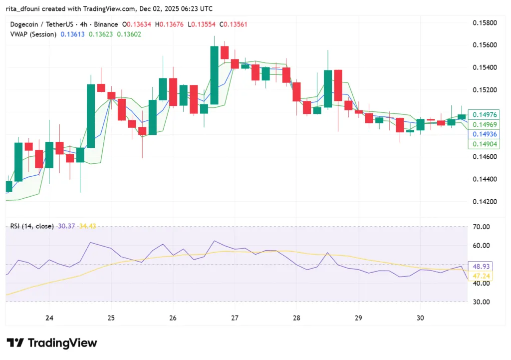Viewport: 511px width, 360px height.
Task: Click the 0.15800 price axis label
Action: tap(485, 23)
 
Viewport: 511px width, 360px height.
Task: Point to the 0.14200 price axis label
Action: tap(485, 202)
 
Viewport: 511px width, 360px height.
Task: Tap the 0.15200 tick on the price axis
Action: tap(485, 90)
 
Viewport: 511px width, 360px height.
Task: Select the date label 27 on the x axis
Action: tap(235, 318)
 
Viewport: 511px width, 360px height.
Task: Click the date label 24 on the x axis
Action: tap(49, 318)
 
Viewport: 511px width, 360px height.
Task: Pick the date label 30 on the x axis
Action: tap(420, 318)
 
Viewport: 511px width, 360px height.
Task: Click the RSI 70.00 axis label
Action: tap(482, 227)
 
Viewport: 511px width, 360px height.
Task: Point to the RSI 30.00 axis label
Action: tap(482, 302)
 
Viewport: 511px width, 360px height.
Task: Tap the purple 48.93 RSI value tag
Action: tap(479, 266)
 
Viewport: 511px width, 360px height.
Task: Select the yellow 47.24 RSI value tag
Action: tap(479, 276)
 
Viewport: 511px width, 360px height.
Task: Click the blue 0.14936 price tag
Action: tap(479, 134)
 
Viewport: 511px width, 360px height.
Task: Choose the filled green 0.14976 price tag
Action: tap(479, 115)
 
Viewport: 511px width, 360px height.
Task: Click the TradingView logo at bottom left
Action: tap(52, 343)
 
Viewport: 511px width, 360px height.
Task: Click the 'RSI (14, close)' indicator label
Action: tap(32, 226)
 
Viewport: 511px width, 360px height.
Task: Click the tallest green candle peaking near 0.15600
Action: tap(214, 75)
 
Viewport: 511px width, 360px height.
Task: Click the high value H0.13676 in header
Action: tap(171, 24)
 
